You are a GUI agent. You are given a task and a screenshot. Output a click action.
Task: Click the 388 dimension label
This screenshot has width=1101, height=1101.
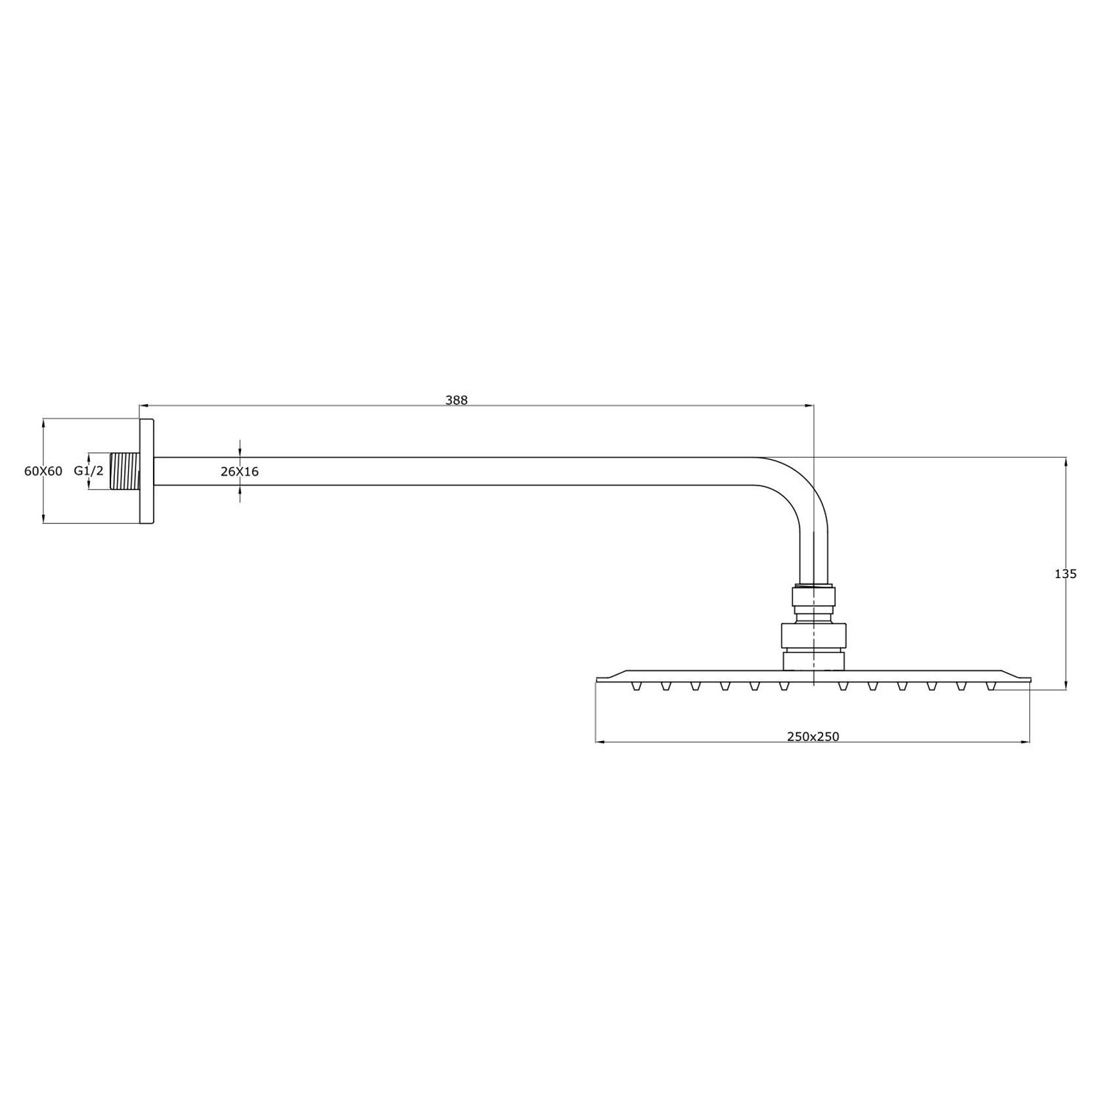pyautogui.click(x=456, y=400)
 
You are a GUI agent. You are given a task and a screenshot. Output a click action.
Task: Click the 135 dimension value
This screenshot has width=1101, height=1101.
pyautogui.click(x=1065, y=573)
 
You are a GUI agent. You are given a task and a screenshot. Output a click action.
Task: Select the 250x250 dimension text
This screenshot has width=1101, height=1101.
pyautogui.click(x=813, y=736)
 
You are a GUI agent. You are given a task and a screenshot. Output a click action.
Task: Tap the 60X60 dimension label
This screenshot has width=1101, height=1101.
pyautogui.click(x=43, y=471)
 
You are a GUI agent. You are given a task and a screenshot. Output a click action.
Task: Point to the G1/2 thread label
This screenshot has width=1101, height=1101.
pyautogui.click(x=88, y=471)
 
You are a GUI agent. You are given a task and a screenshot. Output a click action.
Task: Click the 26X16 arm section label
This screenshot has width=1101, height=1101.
pyautogui.click(x=239, y=472)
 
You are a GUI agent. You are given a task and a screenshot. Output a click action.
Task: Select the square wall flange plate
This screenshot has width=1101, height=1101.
pyautogui.click(x=146, y=471)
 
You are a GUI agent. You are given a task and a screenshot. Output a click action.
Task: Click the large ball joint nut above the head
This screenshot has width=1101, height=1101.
pyautogui.click(x=813, y=636)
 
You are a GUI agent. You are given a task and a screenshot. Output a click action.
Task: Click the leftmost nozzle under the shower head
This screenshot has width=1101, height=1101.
pyautogui.click(x=636, y=686)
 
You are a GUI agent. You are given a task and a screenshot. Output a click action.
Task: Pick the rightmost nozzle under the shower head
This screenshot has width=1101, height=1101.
pyautogui.click(x=991, y=686)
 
